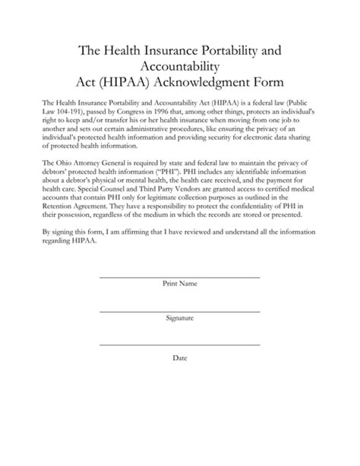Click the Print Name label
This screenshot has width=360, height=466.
click(180, 284)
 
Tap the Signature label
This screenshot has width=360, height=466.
click(180, 320)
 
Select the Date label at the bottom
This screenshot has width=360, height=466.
click(180, 357)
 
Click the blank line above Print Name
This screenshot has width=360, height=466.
click(180, 276)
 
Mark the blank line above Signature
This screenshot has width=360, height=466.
click(180, 312)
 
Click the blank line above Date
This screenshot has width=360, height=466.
click(180, 348)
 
